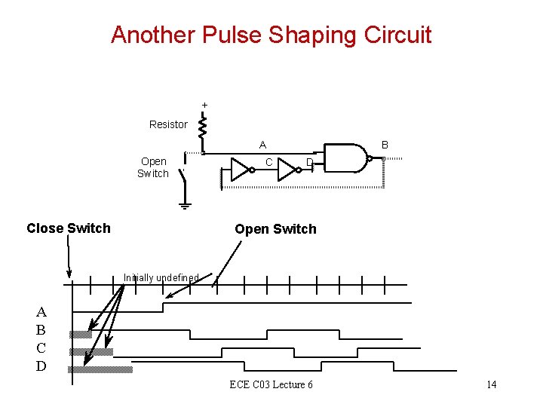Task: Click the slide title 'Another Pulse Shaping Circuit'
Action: click(271, 35)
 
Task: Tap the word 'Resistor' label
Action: click(168, 124)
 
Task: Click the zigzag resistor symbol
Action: click(202, 127)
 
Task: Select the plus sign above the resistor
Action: click(204, 104)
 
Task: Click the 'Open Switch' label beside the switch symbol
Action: click(153, 167)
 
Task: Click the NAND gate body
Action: click(346, 158)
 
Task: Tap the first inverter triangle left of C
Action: click(241, 170)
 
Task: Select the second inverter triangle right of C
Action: click(287, 170)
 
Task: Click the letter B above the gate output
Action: click(385, 144)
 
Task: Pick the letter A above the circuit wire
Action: click(262, 145)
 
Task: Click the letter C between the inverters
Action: click(268, 162)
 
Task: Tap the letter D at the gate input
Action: click(309, 163)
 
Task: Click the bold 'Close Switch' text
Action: click(68, 228)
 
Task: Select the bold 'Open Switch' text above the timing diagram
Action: click(275, 229)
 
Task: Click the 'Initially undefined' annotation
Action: click(161, 278)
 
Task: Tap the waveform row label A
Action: click(41, 311)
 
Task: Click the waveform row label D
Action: click(41, 366)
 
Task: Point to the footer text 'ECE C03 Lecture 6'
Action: click(271, 385)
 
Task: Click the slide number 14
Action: click(491, 385)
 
